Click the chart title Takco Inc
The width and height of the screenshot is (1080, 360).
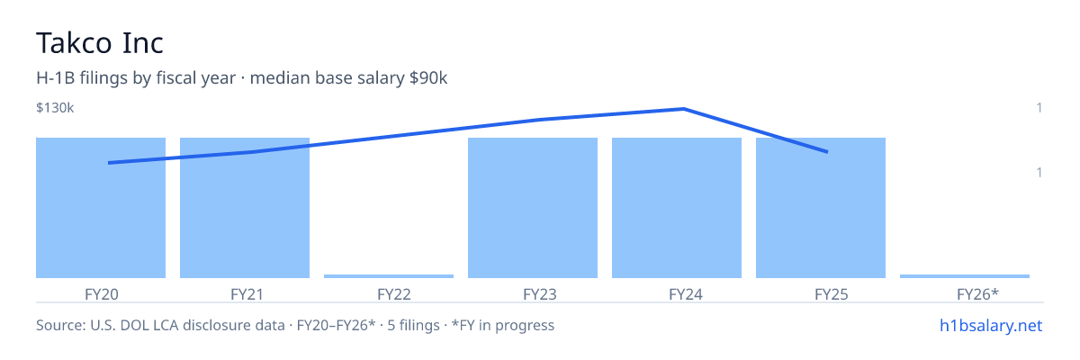100,43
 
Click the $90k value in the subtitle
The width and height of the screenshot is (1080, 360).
428,78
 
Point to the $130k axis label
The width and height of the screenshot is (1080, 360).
55,107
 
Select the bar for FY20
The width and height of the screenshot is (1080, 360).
101,208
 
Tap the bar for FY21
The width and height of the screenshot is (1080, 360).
245,208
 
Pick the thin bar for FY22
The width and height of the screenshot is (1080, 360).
389,276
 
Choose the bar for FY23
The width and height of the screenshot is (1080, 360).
533,208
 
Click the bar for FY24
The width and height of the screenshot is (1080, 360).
677,208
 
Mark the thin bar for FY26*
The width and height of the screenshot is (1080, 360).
965,276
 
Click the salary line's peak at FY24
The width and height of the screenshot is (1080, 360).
684,109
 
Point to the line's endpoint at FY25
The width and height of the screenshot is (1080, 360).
827,152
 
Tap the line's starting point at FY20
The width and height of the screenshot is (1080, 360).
109,163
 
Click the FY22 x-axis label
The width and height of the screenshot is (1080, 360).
394,294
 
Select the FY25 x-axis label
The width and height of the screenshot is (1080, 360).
832,294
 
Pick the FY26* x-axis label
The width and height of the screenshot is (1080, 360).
977,294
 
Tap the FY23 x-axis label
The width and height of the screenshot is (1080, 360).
540,294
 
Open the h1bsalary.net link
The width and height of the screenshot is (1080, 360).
991,326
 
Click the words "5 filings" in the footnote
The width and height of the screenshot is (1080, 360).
413,325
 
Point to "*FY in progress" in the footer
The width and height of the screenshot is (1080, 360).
503,325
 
